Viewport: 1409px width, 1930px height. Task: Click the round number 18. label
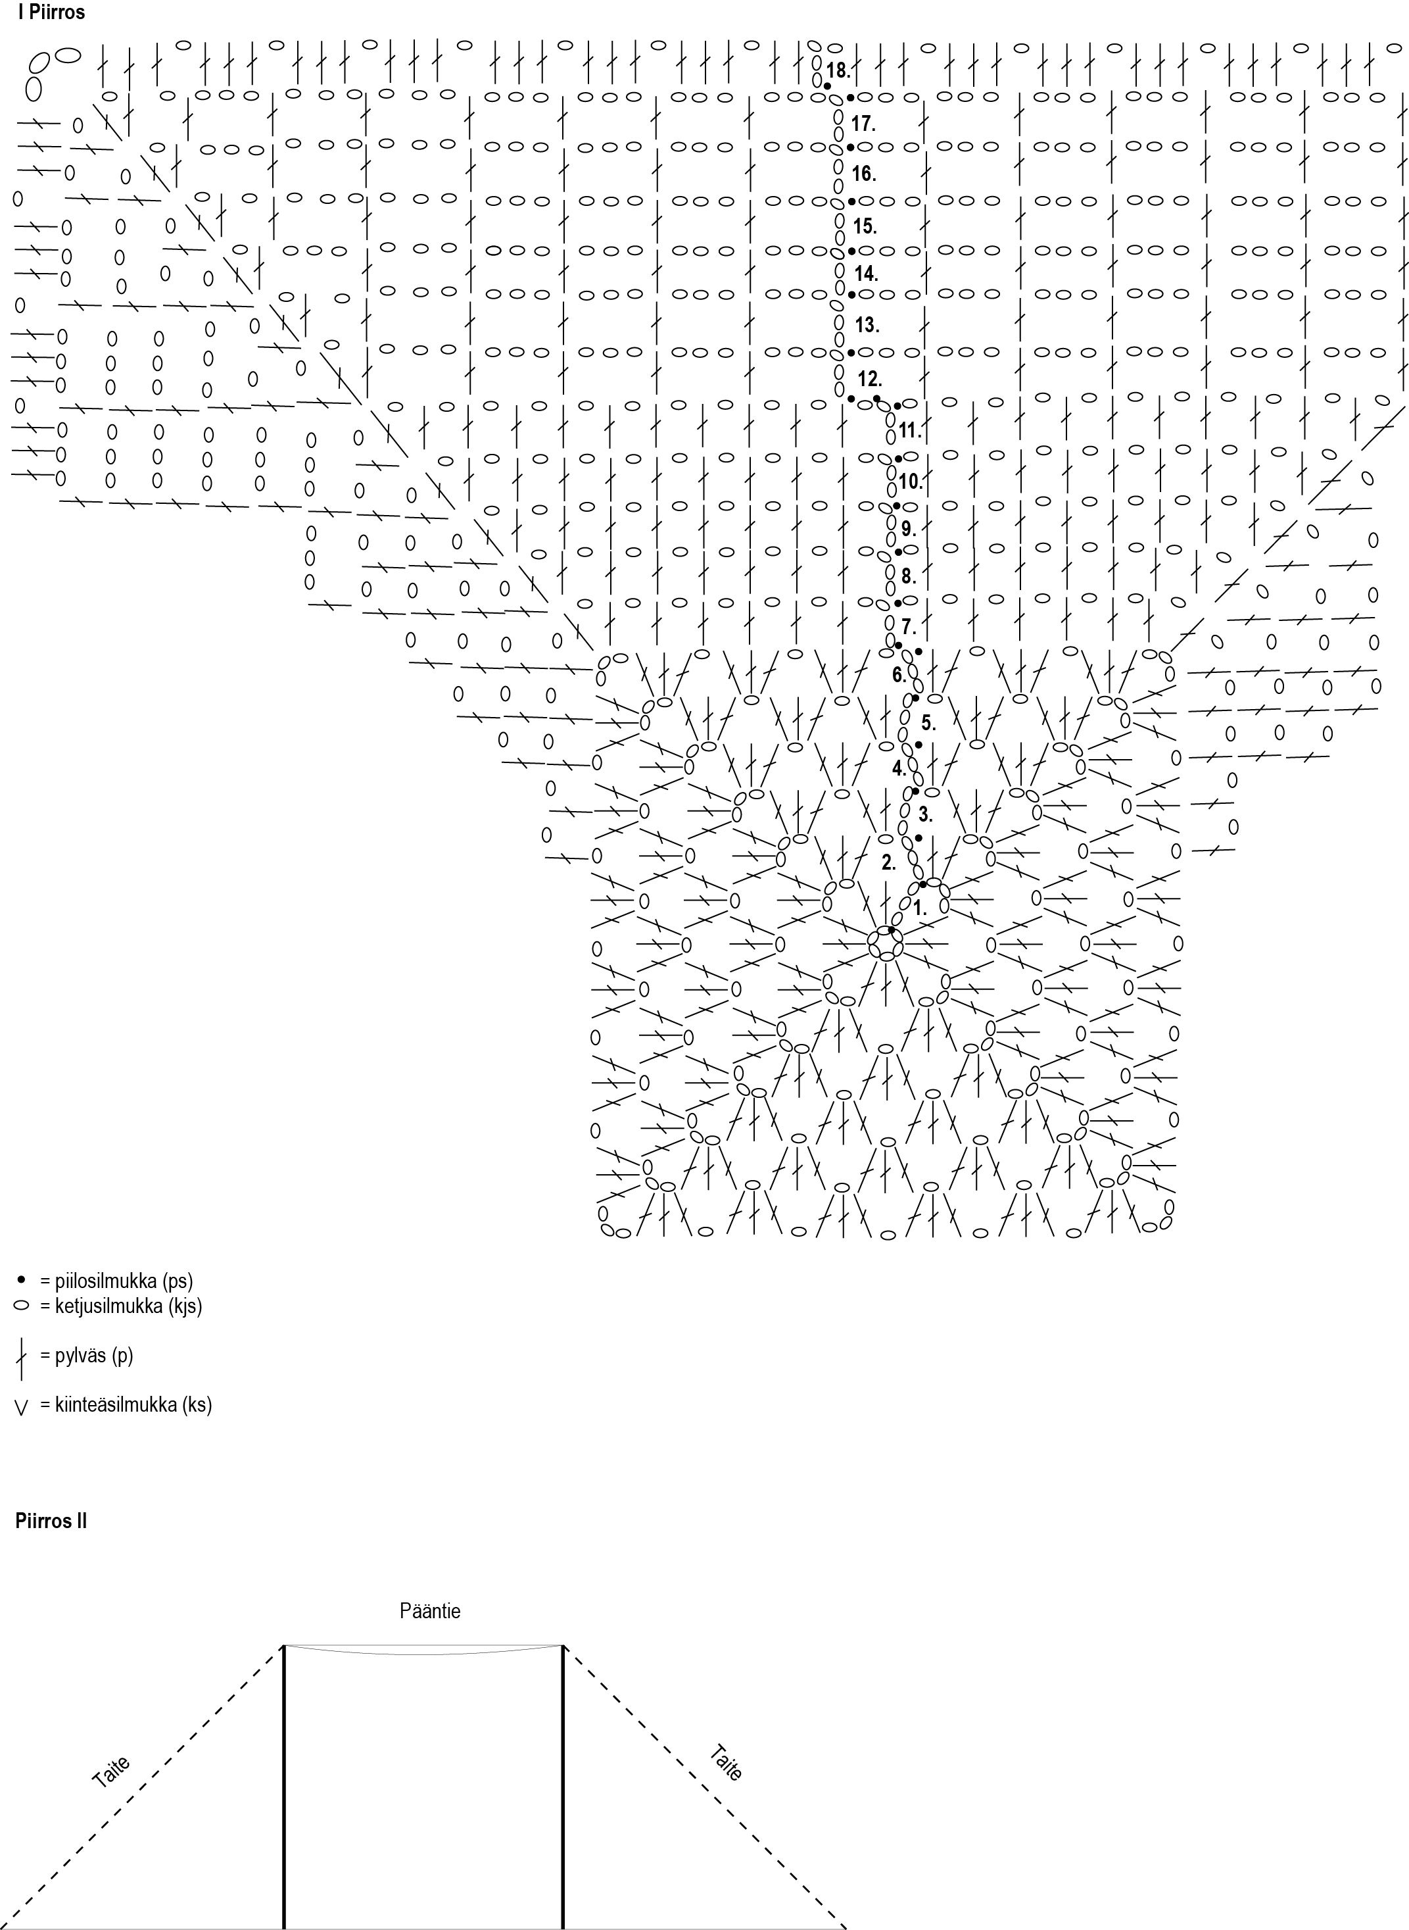coord(838,70)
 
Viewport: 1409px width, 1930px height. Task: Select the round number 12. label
coord(869,379)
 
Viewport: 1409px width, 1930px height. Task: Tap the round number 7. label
coord(909,627)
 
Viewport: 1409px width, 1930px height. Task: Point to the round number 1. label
coord(919,908)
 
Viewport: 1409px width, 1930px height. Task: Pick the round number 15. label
coord(865,226)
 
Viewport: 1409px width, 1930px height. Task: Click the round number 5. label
coord(928,723)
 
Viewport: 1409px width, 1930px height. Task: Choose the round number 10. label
coord(910,482)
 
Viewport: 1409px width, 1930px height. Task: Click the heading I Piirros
coord(51,12)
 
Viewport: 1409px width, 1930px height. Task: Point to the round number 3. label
coord(925,814)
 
